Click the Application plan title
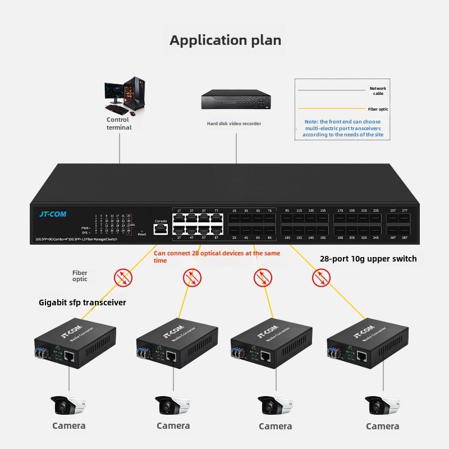pyautogui.click(x=225, y=40)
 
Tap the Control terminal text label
pyautogui.click(x=118, y=123)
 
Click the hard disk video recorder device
pyautogui.click(x=235, y=102)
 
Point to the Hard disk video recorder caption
pyautogui.click(x=233, y=123)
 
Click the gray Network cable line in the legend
pyautogui.click(x=331, y=90)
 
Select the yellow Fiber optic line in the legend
pyautogui.click(x=331, y=109)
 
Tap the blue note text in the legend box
pyautogui.click(x=342, y=128)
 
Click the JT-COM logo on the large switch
pyautogui.click(x=53, y=214)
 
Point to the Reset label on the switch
pyautogui.click(x=142, y=234)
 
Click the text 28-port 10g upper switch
pyautogui.click(x=368, y=259)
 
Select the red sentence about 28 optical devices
pyautogui.click(x=217, y=256)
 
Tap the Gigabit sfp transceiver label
pyautogui.click(x=83, y=303)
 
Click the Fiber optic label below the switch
pyautogui.click(x=80, y=276)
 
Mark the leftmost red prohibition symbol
pyautogui.click(x=123, y=276)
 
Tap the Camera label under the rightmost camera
pyautogui.click(x=382, y=426)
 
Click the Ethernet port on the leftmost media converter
pyautogui.click(x=70, y=356)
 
